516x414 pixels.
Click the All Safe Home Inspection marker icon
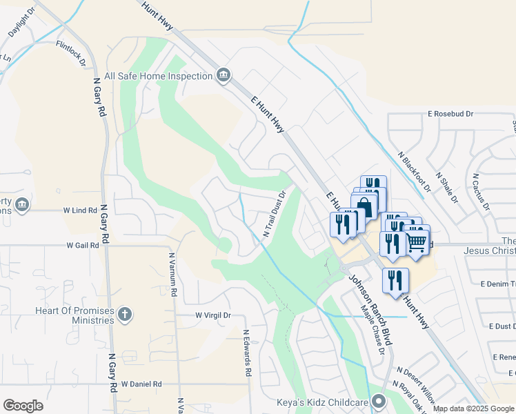click(x=223, y=75)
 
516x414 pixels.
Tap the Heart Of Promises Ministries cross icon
click(x=124, y=315)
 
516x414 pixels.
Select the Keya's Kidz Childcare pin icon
click(x=378, y=401)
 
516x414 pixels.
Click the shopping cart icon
click(x=416, y=241)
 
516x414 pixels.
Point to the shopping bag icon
click(x=364, y=206)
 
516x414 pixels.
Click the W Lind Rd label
click(x=80, y=210)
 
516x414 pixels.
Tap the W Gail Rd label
click(x=83, y=245)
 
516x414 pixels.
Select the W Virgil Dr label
click(x=212, y=315)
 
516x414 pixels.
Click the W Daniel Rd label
click(x=141, y=384)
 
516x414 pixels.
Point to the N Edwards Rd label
click(x=246, y=352)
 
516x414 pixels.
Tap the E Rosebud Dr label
click(x=450, y=113)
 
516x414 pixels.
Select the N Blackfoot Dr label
click(x=415, y=171)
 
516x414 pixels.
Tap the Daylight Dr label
click(x=21, y=23)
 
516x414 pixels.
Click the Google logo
click(x=23, y=406)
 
